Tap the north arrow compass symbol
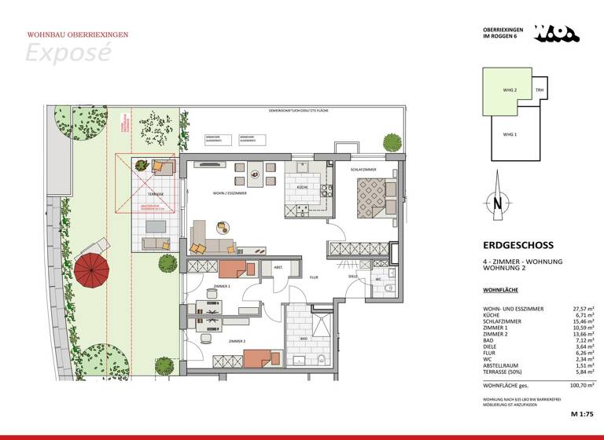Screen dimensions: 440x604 [x=499, y=203]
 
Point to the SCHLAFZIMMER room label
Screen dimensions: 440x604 [x=364, y=170]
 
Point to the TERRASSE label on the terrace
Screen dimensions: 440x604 [x=154, y=194]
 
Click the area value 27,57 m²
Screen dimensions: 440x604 [x=578, y=310]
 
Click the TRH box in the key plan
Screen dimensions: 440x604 [x=540, y=90]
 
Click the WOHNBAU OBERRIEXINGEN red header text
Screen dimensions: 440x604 [x=77, y=35]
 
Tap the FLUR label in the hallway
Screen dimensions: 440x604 [x=313, y=277]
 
